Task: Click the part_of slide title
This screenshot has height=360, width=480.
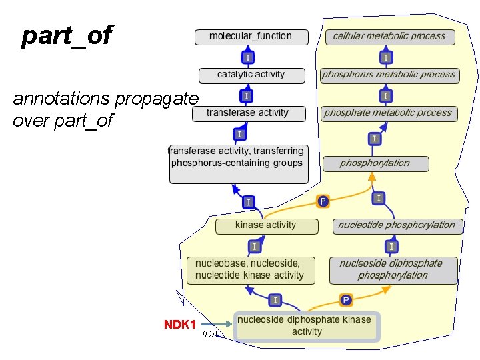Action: click(67, 36)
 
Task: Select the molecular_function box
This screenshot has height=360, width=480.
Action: click(251, 37)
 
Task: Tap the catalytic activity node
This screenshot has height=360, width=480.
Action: click(251, 75)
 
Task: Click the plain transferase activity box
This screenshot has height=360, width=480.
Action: click(249, 114)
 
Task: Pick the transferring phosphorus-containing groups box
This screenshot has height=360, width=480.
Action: click(239, 164)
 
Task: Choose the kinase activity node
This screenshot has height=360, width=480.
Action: click(266, 226)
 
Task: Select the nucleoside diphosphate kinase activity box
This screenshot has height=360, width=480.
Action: click(306, 327)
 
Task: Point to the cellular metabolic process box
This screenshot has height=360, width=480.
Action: click(389, 37)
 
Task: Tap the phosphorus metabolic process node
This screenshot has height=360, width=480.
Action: click(389, 75)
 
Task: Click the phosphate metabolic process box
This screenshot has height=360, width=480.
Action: click(388, 114)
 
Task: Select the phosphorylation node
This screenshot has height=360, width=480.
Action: click(375, 163)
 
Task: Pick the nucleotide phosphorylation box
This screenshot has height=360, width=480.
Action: click(397, 226)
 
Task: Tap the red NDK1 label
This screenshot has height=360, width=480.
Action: click(180, 325)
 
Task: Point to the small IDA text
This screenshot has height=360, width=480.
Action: click(210, 335)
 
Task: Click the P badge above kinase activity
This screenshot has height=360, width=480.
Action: click(323, 201)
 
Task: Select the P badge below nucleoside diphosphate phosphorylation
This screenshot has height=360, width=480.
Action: click(346, 301)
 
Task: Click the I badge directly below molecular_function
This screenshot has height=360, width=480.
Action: click(247, 57)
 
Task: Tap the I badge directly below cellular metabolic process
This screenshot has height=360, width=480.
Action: click(386, 57)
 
